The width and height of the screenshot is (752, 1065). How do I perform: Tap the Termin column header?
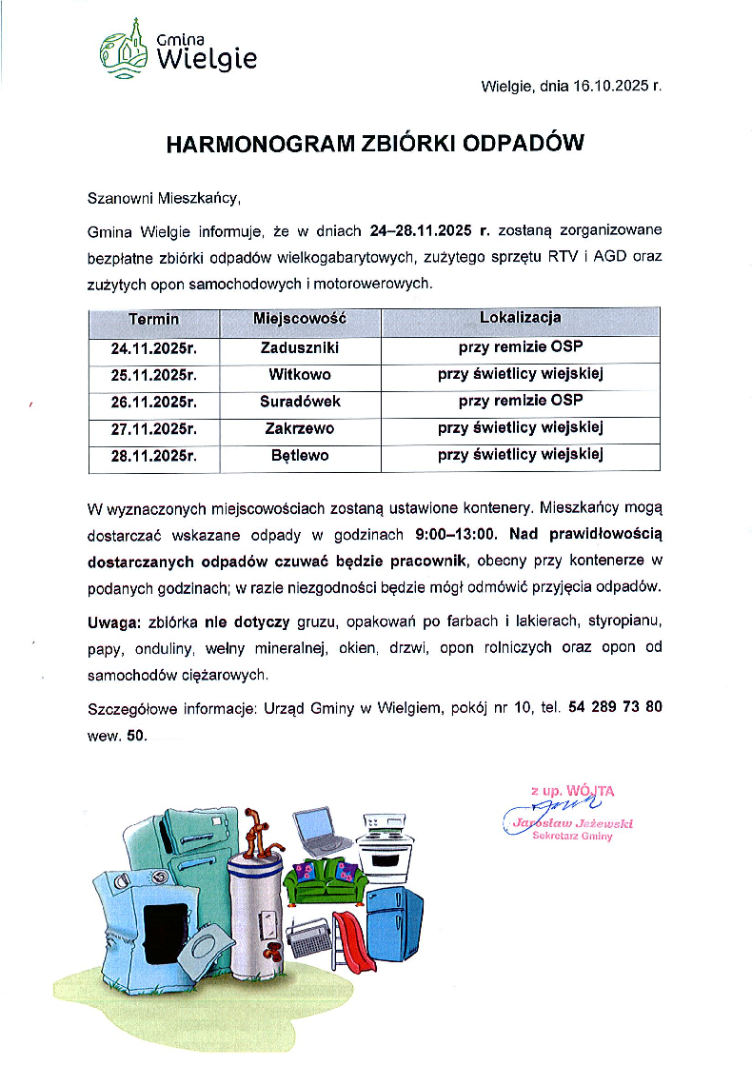pos(153,319)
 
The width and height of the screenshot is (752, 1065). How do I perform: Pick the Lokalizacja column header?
pos(520,318)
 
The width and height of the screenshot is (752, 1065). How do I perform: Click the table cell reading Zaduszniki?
pos(299,347)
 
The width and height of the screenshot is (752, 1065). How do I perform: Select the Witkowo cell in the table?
pos(299,374)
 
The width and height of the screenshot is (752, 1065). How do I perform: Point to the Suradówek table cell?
pos(299,401)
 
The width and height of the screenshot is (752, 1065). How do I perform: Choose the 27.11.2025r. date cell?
pos(153,428)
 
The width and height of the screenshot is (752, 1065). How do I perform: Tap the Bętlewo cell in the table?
pos(299,455)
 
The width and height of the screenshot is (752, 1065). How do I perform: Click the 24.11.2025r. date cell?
pos(153,347)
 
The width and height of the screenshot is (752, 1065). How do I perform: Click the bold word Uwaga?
pos(112,623)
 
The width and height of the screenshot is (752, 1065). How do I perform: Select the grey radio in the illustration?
pos(307,938)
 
